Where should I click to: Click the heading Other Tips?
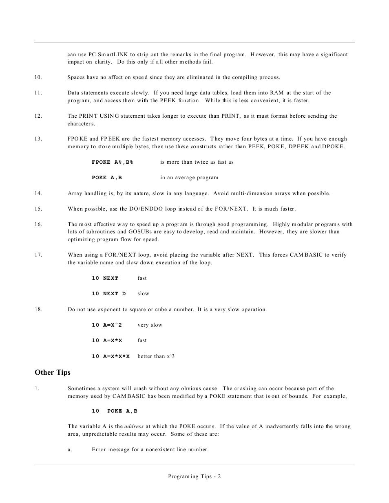tap(53, 372)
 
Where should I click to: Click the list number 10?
tap(38, 77)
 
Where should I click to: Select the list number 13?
tap(38, 139)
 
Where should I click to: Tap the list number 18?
tap(38, 310)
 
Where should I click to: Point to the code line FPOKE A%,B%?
tap(113, 162)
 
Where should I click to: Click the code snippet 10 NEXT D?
tap(109, 294)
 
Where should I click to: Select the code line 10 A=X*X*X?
tap(111, 356)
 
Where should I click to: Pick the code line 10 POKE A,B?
tap(115, 411)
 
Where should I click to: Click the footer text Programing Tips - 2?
tap(194, 477)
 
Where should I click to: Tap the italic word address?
tap(134, 426)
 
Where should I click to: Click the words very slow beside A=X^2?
tap(150, 325)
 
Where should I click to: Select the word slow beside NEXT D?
tap(143, 294)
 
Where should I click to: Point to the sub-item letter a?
tap(70, 450)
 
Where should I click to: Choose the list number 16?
tap(38, 224)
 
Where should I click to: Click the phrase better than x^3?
tap(156, 356)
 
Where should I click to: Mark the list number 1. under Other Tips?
tap(37, 389)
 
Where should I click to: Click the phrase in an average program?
tap(189, 178)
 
